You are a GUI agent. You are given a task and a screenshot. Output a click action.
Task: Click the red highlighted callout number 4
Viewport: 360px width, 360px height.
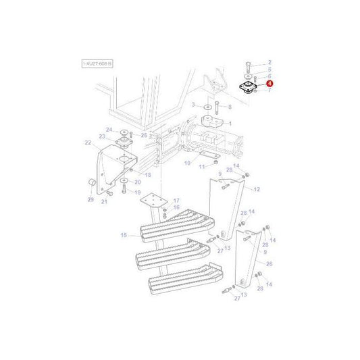click(269, 83)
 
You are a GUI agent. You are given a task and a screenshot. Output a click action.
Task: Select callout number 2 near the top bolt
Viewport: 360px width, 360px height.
click(269, 61)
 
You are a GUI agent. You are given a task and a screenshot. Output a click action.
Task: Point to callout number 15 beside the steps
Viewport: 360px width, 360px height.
click(124, 235)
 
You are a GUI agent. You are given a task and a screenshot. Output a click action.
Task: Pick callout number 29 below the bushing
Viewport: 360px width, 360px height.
click(91, 199)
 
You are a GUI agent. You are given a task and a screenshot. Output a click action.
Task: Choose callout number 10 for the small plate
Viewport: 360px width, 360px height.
click(187, 163)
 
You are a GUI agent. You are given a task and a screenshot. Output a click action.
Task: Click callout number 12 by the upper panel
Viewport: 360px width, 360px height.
click(256, 189)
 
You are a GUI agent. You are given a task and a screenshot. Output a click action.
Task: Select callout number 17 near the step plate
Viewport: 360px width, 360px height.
click(176, 201)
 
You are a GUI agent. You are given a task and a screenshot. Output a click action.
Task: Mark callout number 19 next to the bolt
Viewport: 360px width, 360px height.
click(137, 192)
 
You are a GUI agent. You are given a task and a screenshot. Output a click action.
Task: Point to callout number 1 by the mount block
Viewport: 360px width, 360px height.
click(230, 124)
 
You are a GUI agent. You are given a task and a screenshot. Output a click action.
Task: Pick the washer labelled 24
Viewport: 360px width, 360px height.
click(124, 131)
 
